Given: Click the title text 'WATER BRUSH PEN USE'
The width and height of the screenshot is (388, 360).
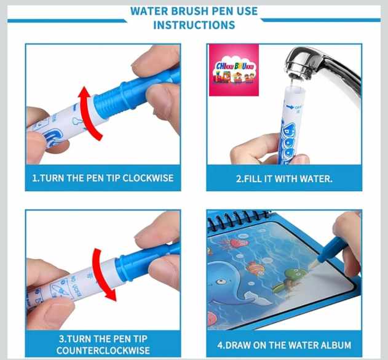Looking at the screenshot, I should pos(194,12).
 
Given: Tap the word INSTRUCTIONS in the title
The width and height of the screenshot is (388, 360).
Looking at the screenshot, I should pos(194,25).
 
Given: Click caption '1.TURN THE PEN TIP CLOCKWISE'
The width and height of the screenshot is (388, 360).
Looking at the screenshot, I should pos(103,178).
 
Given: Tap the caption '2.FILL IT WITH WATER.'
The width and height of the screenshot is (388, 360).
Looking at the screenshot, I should pos(284,178).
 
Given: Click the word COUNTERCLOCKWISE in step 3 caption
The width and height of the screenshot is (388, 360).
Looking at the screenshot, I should pos(103,350).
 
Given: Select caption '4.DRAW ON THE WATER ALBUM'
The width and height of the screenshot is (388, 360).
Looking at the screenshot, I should pos(284,345).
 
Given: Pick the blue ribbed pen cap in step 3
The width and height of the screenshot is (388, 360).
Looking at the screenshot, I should pos(145,262).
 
